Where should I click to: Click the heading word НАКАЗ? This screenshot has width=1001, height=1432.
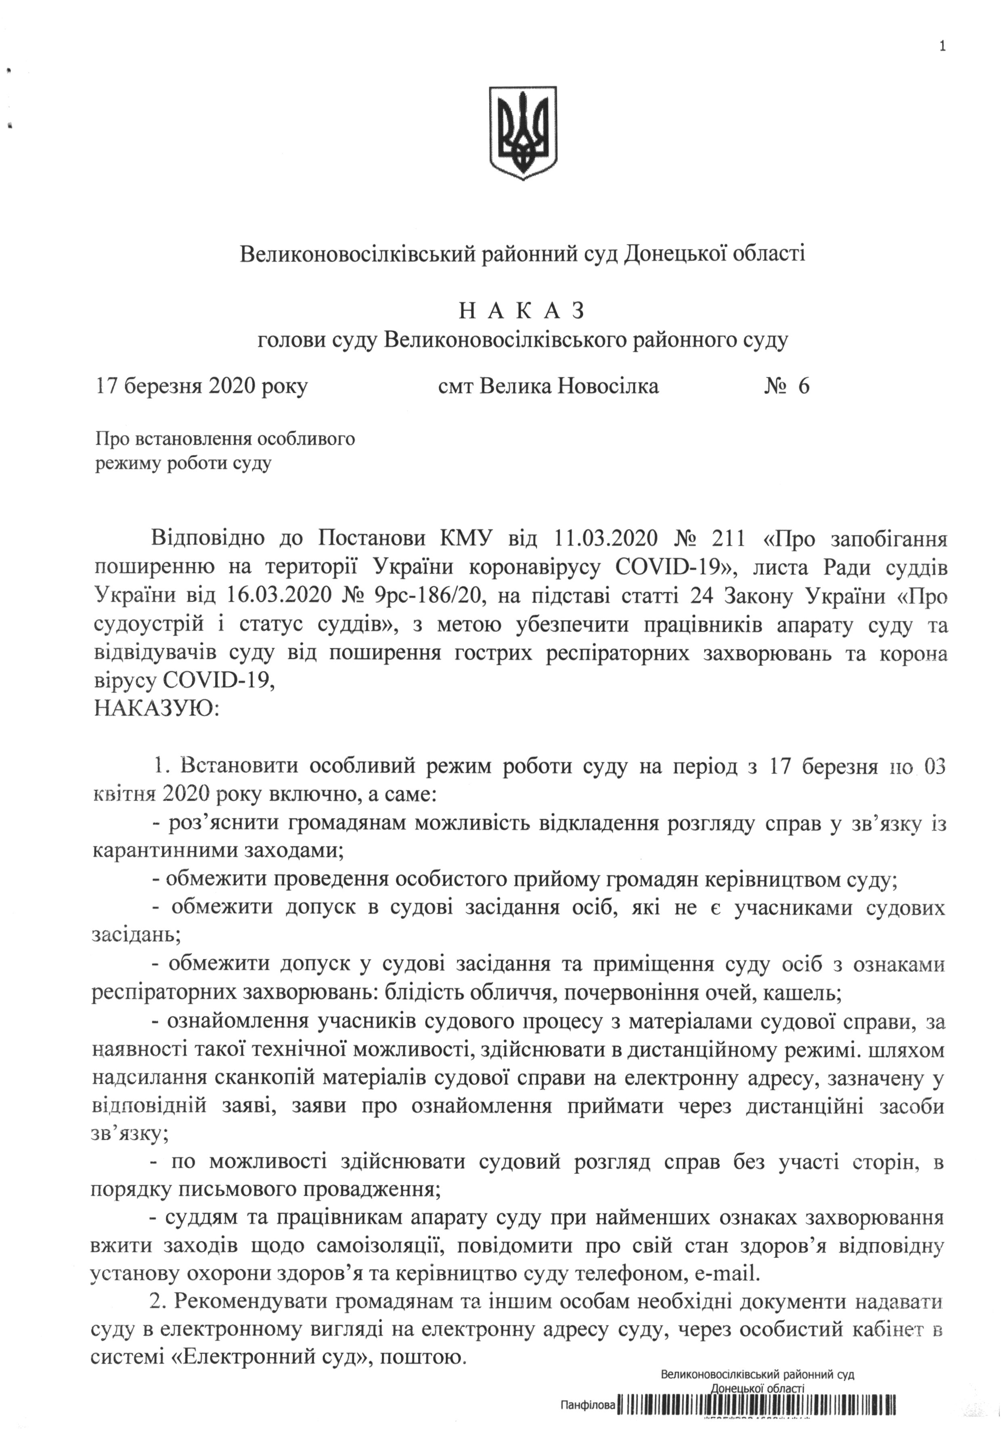click(522, 310)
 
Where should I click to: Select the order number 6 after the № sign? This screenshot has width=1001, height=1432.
click(803, 387)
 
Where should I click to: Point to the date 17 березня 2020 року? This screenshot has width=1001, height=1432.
click(201, 387)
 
